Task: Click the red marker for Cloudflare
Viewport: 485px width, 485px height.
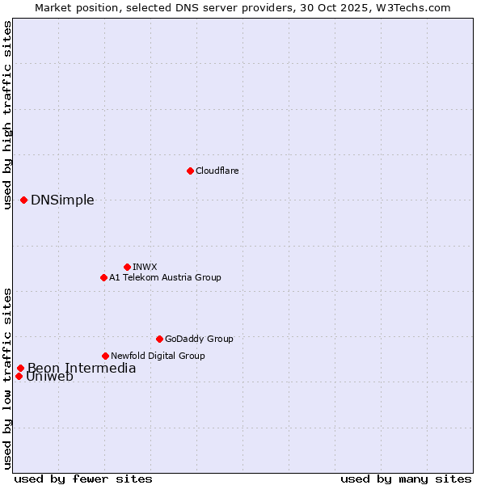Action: pos(190,171)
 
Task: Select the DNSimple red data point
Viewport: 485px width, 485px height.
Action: pos(24,200)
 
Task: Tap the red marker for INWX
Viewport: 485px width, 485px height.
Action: pos(127,267)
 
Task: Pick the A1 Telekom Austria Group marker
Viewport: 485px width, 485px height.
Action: pos(103,277)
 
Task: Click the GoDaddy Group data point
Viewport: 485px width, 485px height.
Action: pos(159,339)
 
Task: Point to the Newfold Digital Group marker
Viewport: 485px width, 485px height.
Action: pos(105,356)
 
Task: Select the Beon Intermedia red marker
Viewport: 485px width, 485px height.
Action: pos(20,369)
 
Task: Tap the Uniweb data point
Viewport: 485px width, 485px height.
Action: pos(19,376)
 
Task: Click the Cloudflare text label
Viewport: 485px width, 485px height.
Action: pos(217,171)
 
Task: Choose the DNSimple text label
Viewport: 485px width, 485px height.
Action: pos(62,200)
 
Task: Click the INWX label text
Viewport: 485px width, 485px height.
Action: pos(145,267)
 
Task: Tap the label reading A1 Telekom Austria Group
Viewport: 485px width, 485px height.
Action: pos(165,277)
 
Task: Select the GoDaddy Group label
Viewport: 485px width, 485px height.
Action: pos(199,339)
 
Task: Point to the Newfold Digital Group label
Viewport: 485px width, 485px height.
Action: pos(158,356)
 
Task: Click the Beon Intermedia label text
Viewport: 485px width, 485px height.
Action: pos(82,369)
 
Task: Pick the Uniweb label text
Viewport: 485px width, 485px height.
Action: pos(49,377)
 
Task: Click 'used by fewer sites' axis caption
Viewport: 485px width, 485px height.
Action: pos(83,479)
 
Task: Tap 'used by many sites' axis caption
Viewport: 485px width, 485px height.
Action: pos(406,479)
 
